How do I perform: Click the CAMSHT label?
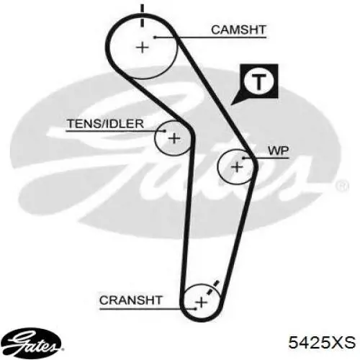pos(238,30)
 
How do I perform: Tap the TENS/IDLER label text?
pos(105,124)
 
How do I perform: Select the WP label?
pos(278,150)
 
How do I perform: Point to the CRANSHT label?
pos(131,300)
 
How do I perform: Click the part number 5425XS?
pos(322,342)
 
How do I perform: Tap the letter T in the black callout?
pos(258,81)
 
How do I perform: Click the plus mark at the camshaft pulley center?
pos(143,48)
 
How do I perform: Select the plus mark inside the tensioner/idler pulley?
pos(174,138)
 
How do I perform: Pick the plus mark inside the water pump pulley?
pos(237,167)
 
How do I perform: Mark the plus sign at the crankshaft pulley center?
pos(202,302)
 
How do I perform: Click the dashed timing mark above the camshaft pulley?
pos(143,16)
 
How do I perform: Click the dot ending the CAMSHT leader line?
pos(155,37)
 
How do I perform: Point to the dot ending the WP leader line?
pos(243,158)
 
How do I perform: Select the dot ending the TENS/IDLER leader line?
pos(165,131)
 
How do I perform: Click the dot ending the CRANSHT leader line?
pos(196,309)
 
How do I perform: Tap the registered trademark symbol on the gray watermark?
pos(343,186)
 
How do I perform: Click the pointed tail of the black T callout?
pos(231,104)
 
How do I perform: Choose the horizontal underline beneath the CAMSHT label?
pos(211,37)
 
